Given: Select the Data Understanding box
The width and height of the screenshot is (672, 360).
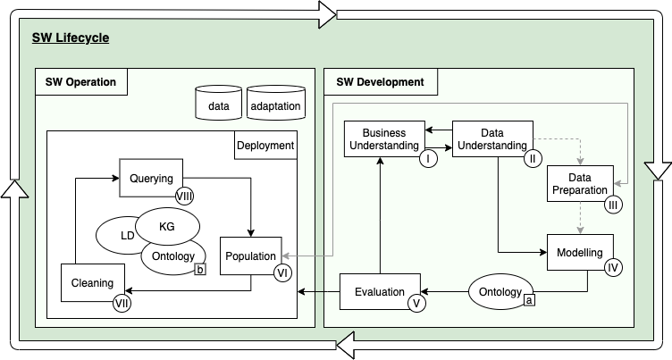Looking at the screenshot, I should pyautogui.click(x=491, y=139).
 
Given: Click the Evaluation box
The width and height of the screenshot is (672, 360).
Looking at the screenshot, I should pyautogui.click(x=380, y=291).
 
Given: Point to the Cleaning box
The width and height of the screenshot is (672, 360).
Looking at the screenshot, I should pyautogui.click(x=92, y=283).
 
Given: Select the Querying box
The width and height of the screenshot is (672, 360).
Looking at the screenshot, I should pyautogui.click(x=150, y=179).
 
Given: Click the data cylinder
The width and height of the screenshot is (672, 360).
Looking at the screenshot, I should pyautogui.click(x=217, y=105).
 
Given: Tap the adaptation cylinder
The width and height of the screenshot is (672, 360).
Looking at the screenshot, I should pyautogui.click(x=275, y=105).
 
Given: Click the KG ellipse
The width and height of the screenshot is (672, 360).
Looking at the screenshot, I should pyautogui.click(x=168, y=227).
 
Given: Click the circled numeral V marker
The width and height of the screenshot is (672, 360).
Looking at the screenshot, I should pyautogui.click(x=416, y=304).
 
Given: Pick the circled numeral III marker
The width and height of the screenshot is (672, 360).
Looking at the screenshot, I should pyautogui.click(x=613, y=205).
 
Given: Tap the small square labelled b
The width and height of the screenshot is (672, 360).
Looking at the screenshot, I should pyautogui.click(x=201, y=269).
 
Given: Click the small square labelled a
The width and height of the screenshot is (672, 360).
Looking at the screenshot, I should pyautogui.click(x=530, y=302).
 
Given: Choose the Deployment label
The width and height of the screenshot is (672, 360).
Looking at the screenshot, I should pyautogui.click(x=265, y=145).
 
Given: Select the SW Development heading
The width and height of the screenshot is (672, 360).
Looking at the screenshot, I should pyautogui.click(x=380, y=82).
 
